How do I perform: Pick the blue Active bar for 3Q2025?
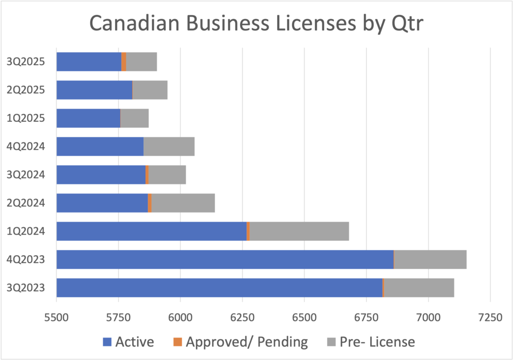tap(89, 62)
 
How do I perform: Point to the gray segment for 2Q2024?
tap(183, 203)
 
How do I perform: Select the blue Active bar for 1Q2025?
tap(88, 118)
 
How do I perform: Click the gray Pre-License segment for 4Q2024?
tap(169, 146)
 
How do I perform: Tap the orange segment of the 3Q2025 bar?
tap(124, 62)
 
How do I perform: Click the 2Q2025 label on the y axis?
tap(29, 90)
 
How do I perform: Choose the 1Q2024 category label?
tap(29, 231)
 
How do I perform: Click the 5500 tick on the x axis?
tap(57, 318)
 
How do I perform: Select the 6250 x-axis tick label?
tap(242, 318)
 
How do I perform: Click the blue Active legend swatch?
tap(106, 342)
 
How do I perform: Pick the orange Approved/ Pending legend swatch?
tap(177, 342)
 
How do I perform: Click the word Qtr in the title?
tap(399, 25)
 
